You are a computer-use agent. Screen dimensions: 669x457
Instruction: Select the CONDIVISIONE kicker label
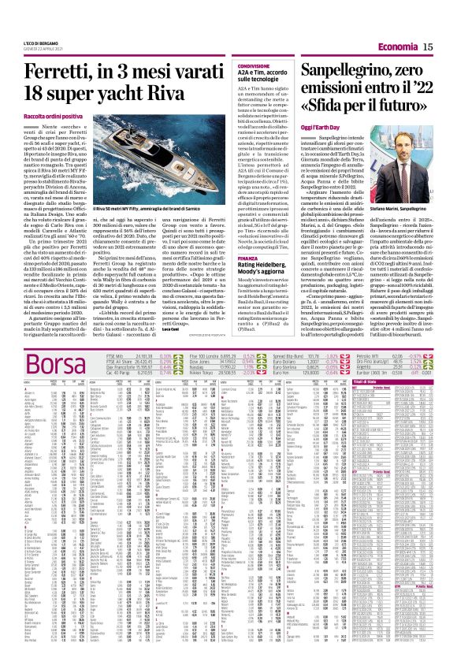(x=255, y=67)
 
